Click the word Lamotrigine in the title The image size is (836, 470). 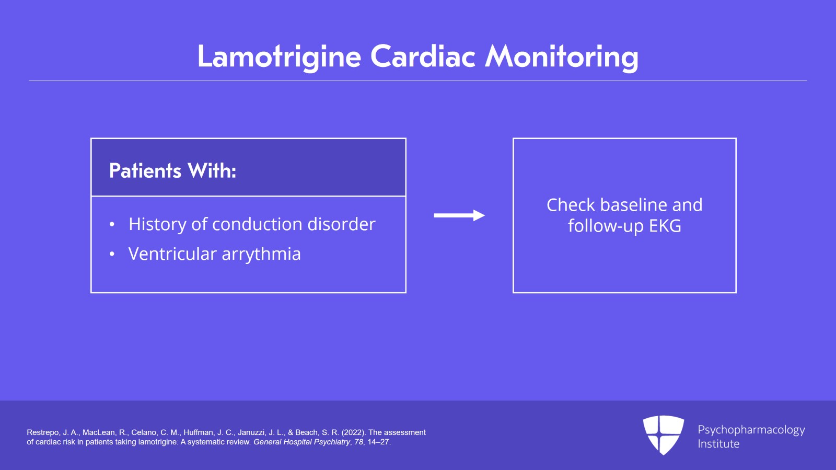(279, 56)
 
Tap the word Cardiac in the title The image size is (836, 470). (423, 56)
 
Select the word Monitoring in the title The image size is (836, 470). (562, 56)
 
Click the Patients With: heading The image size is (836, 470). (172, 171)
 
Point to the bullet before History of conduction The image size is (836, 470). (112, 225)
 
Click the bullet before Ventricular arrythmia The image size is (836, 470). (112, 255)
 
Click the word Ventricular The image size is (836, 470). (172, 254)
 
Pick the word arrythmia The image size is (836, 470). (261, 255)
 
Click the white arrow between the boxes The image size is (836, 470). (459, 215)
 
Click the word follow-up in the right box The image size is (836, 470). (606, 226)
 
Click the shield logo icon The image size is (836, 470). (663, 434)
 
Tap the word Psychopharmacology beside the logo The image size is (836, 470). (751, 430)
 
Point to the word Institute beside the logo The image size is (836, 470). (718, 444)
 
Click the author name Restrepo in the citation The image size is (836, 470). (43, 432)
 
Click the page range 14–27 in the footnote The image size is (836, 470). (378, 442)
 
